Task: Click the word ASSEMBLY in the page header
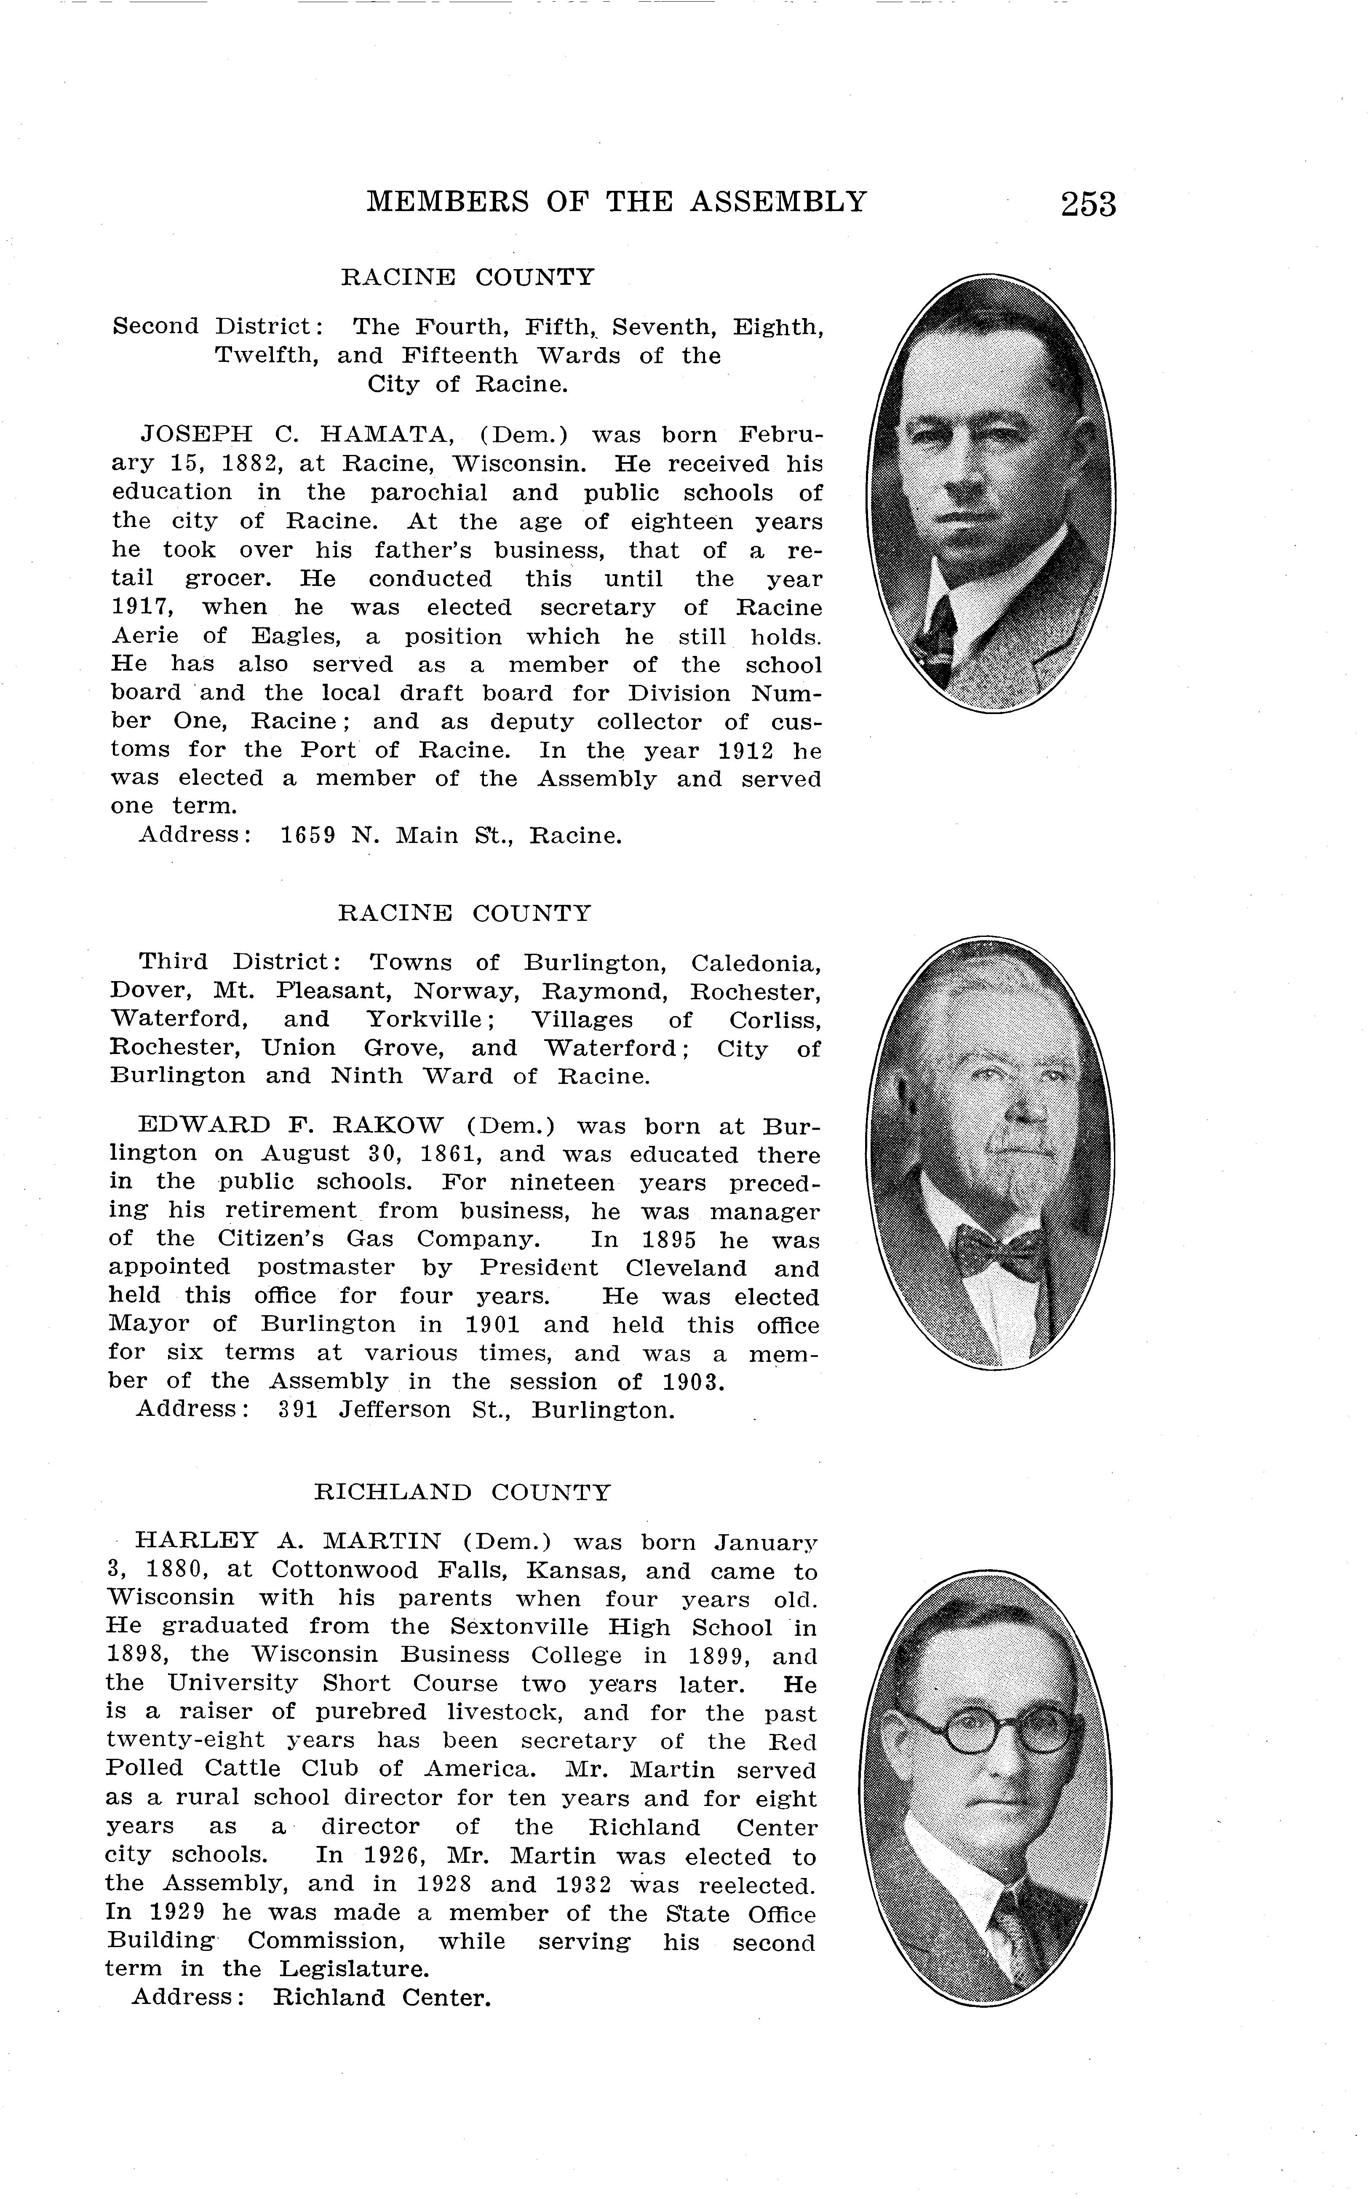coord(778,201)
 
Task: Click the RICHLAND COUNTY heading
coord(462,1492)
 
